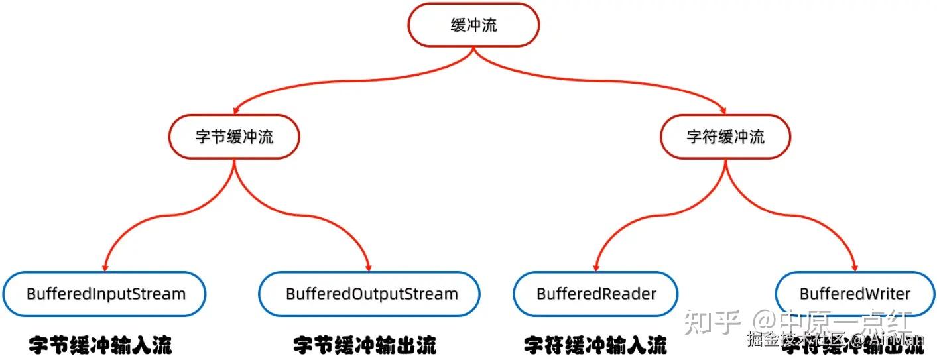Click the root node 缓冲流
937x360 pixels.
[x=473, y=25]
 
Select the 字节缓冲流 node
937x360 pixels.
[x=234, y=137]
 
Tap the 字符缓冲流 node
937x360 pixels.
[x=725, y=137]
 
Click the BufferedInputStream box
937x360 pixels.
[x=105, y=294]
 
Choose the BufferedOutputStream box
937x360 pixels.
[x=369, y=294]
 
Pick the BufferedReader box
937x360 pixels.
[x=595, y=294]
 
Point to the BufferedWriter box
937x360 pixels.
[x=855, y=294]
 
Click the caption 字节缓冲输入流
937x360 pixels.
[x=101, y=345]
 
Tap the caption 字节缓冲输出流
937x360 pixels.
[x=365, y=345]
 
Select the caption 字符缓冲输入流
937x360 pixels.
[x=595, y=345]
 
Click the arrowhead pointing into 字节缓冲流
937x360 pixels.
[x=235, y=111]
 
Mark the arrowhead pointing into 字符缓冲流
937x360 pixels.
[x=723, y=110]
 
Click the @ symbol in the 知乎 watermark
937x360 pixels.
[x=763, y=323]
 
